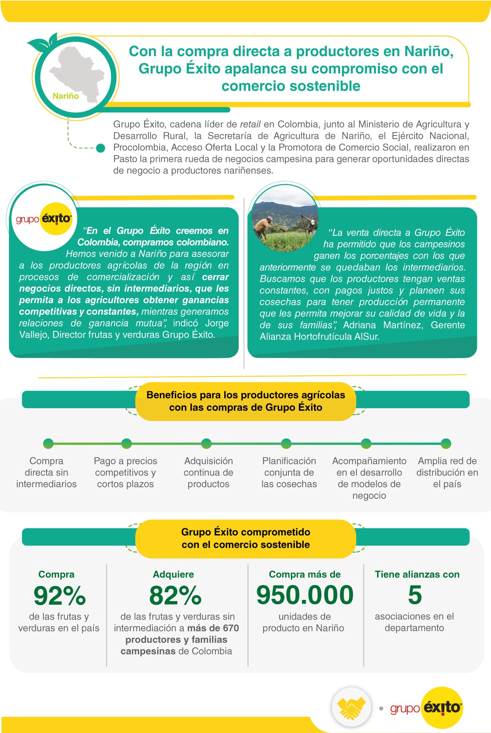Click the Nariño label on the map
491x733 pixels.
coord(65,96)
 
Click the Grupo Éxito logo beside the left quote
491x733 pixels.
coord(44,219)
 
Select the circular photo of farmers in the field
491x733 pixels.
coord(285,219)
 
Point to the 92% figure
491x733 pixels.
coord(59,595)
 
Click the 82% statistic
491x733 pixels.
coord(175,595)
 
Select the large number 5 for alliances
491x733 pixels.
coord(415,595)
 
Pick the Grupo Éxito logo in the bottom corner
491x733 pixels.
coord(426,708)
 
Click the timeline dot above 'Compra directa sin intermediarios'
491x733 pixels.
coord(48,443)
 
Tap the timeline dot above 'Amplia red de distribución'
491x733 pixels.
coord(446,443)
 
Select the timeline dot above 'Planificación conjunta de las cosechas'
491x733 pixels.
coord(286,443)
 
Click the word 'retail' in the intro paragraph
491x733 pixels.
coord(250,124)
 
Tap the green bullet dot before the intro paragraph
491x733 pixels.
coord(101,148)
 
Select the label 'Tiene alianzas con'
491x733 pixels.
coord(417,574)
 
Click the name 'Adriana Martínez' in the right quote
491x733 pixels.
coord(383,325)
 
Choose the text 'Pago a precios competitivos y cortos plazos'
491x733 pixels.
coord(125,472)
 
